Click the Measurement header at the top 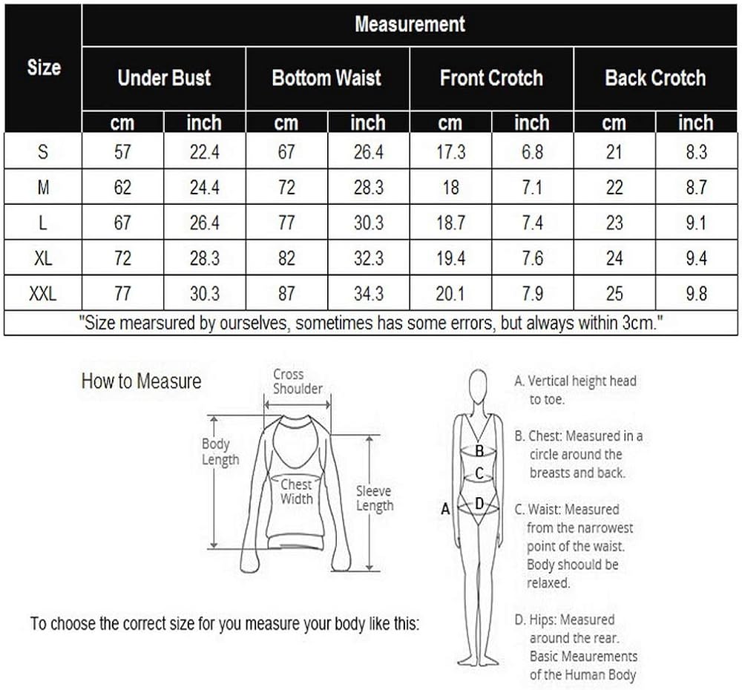409,24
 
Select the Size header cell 43,68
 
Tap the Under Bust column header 164,78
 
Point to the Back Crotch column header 655,78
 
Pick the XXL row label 43,294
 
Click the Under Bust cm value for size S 122,152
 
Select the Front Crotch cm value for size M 450,188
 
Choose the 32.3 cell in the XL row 368,259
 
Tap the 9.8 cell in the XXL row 696,294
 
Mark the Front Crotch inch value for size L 532,223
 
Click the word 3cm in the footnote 636,323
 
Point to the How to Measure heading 141,381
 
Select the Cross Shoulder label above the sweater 298,381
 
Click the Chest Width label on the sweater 296,491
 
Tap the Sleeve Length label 374,498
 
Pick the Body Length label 220,451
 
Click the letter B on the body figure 479,450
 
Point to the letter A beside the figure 445,509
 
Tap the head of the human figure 479,386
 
